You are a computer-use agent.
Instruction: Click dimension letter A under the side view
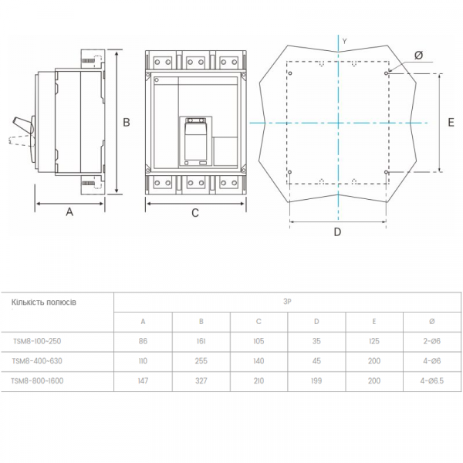69,211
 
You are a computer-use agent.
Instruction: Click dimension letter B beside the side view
127,122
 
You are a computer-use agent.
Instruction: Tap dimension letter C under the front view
195,213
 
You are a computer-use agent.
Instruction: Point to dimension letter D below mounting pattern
337,232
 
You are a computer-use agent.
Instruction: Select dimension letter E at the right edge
451,122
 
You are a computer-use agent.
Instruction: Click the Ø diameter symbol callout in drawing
419,56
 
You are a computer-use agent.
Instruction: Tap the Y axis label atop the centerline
345,42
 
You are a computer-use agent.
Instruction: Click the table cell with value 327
201,380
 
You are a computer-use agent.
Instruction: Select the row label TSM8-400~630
37,361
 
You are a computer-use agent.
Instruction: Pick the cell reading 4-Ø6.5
432,380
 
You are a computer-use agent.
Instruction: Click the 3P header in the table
287,302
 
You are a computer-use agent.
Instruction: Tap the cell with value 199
316,380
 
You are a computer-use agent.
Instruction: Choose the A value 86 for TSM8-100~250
143,341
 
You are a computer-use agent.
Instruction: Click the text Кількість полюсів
44,302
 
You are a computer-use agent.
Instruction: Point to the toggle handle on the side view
22,126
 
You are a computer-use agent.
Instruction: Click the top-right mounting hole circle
386,73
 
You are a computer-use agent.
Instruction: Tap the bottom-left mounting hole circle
289,172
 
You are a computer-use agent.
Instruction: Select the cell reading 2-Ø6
431,341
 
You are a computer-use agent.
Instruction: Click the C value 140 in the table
259,361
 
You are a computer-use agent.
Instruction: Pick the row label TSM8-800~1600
37,380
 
